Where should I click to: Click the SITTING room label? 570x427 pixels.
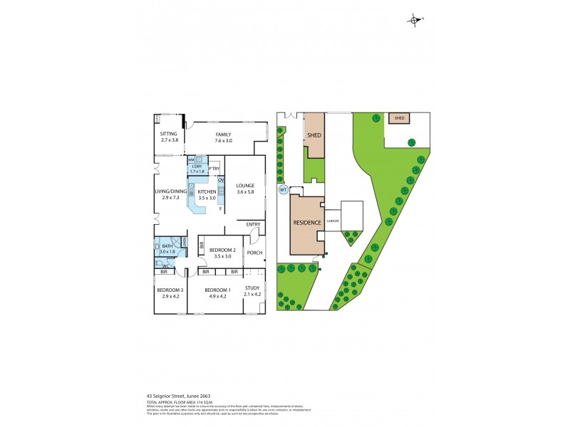point(168,133)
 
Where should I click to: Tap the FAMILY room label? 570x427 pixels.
point(224,133)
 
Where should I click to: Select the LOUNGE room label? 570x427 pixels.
point(244,186)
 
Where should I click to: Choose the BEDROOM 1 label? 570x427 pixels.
point(217,290)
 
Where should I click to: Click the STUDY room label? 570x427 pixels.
point(252,288)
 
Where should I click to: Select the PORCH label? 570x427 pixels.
point(254,253)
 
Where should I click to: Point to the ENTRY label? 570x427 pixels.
point(253,225)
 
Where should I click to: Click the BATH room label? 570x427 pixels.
point(167,246)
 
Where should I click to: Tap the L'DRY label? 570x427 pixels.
point(197,167)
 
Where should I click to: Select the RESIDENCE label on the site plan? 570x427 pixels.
point(307,223)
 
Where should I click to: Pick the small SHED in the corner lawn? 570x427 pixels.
point(399,118)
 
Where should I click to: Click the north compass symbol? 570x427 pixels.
point(414,20)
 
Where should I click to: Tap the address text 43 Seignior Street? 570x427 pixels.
point(177,395)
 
